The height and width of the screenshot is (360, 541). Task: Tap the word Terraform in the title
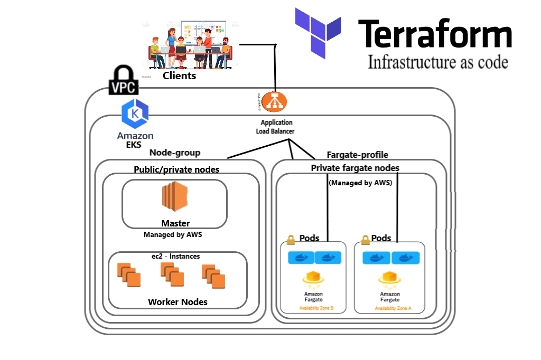click(435, 34)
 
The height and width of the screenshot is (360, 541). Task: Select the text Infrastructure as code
click(437, 62)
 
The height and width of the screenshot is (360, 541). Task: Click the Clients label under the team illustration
click(179, 75)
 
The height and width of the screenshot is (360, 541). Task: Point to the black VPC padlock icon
click(124, 80)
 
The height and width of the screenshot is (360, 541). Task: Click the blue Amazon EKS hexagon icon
click(135, 114)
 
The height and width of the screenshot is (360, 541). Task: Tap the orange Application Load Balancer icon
click(275, 101)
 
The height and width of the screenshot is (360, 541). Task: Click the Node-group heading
click(175, 153)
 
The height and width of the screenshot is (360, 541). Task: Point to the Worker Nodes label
click(178, 302)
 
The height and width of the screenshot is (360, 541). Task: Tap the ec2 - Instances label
click(176, 256)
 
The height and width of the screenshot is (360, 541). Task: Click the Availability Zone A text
click(393, 308)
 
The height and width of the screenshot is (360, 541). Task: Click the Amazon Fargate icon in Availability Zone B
click(313, 278)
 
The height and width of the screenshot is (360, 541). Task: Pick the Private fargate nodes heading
click(355, 168)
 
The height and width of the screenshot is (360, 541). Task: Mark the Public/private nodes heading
click(177, 169)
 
